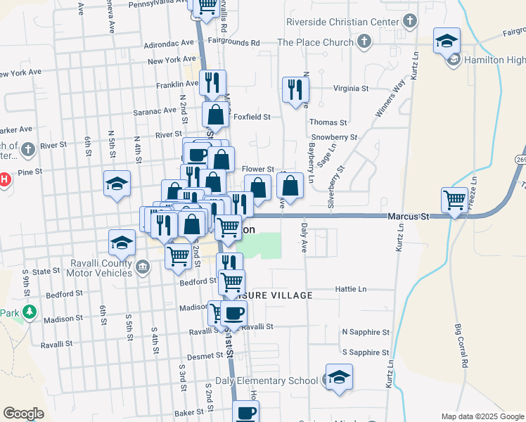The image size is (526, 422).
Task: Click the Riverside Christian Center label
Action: [342, 22]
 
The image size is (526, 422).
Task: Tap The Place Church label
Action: [315, 42]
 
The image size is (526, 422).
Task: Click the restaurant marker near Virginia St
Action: [295, 89]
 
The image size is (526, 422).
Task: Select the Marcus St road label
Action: [408, 217]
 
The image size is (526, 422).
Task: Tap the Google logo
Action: [24, 413]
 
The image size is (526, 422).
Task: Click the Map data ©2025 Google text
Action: [482, 416]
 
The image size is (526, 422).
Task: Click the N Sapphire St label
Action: [365, 331]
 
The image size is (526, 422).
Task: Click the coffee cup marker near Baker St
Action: [245, 413]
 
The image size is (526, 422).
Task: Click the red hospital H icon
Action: [4, 179]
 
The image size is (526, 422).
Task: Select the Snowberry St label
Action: [334, 137]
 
